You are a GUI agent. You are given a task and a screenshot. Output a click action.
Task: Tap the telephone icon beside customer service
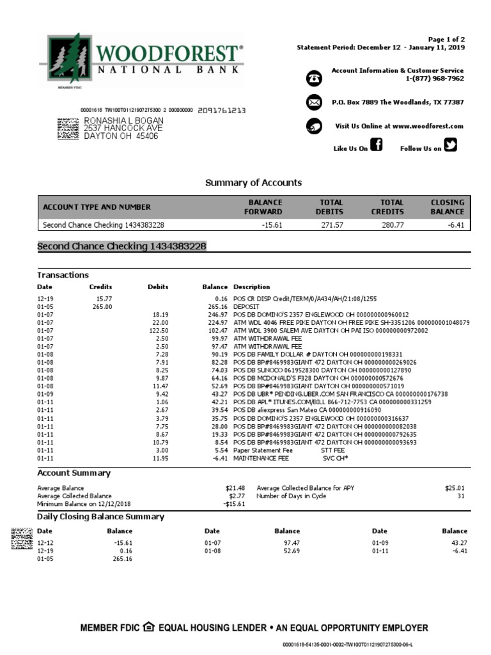click(314, 78)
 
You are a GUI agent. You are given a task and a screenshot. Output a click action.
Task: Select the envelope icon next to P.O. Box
click(314, 102)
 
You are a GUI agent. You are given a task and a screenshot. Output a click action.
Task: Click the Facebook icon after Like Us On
click(377, 146)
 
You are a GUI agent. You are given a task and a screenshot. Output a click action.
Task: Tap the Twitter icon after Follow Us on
click(451, 146)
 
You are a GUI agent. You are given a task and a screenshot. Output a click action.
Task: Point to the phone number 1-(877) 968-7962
click(434, 79)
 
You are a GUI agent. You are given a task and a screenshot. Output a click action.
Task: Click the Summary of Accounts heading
click(253, 183)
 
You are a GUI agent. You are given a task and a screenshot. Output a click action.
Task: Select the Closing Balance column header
click(447, 207)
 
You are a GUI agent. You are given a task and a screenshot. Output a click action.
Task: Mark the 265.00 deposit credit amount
click(102, 307)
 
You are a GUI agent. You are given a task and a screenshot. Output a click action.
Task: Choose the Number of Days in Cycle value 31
click(460, 496)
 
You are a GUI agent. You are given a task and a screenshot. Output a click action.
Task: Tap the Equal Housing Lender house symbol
click(149, 627)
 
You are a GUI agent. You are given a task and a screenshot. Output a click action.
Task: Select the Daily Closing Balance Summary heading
click(100, 517)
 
